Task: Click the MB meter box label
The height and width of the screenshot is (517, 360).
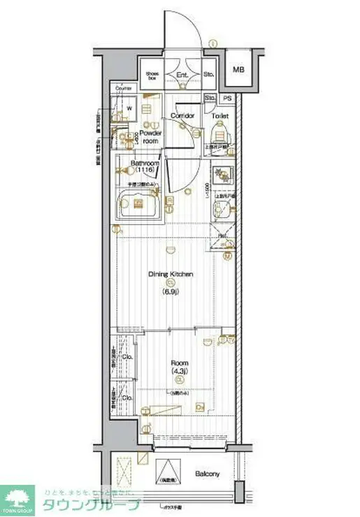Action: (x=239, y=69)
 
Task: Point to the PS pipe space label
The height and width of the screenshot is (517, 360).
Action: (x=227, y=99)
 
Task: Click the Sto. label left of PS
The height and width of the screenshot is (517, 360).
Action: (x=210, y=99)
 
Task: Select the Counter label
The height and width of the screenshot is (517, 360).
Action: (x=124, y=89)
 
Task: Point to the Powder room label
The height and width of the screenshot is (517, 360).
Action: (x=150, y=136)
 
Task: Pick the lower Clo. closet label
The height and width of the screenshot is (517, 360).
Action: (x=127, y=398)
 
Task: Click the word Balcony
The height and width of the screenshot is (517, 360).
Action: (x=208, y=474)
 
